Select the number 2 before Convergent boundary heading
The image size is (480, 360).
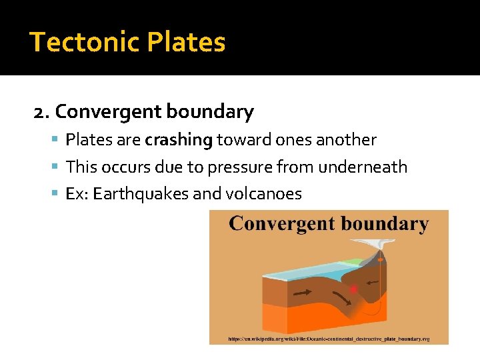[39, 112]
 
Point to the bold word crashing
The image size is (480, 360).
[179, 140]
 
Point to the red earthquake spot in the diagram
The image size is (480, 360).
[353, 289]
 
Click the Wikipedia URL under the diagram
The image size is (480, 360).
[329, 339]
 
